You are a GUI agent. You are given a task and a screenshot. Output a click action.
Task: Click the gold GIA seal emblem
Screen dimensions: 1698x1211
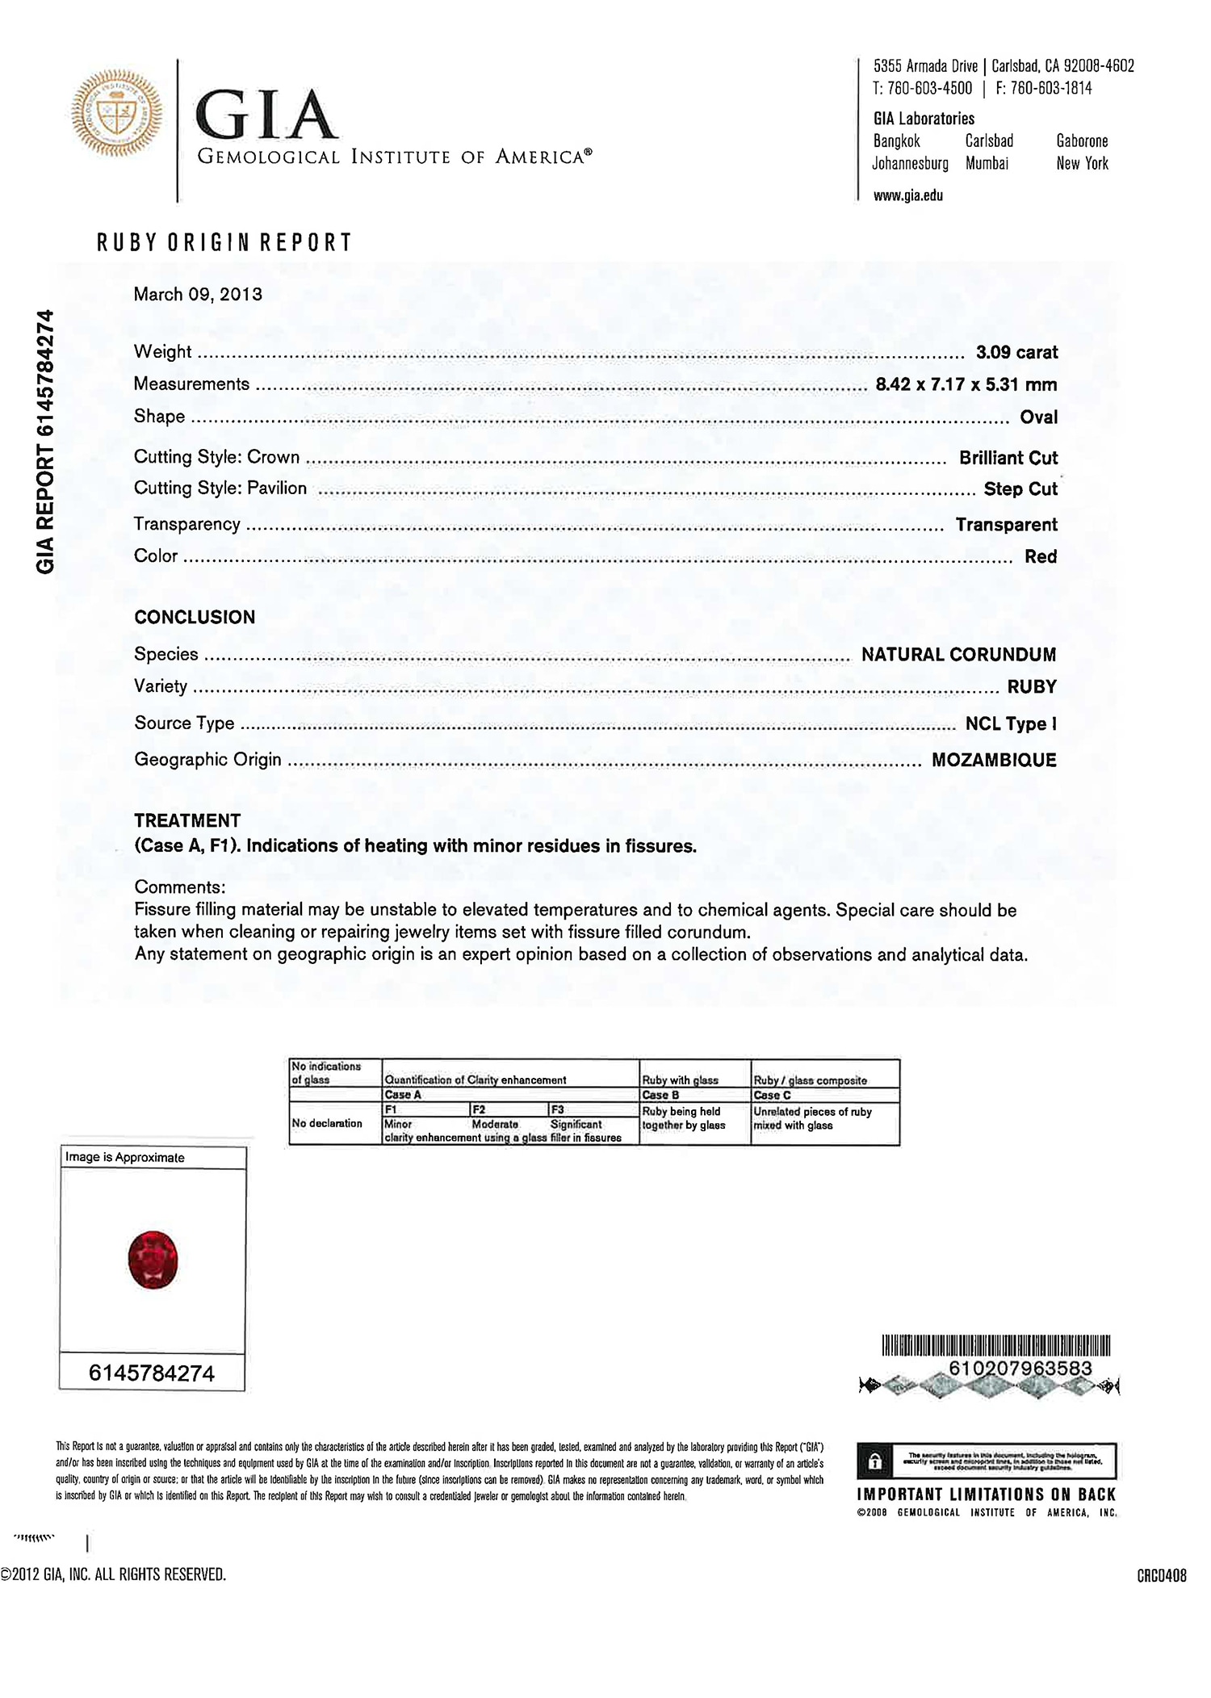(117, 113)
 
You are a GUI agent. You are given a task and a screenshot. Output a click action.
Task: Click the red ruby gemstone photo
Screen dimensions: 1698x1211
(153, 1259)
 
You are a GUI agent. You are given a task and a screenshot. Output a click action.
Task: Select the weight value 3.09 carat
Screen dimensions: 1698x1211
(1016, 352)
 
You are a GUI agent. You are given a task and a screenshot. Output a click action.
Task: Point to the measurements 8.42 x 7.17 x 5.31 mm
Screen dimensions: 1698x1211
(966, 384)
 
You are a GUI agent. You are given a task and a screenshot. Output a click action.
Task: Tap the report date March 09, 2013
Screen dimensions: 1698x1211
(198, 294)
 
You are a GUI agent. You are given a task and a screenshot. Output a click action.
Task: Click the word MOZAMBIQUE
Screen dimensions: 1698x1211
(994, 760)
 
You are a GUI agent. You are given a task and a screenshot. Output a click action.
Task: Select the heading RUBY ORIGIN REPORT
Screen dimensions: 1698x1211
(224, 242)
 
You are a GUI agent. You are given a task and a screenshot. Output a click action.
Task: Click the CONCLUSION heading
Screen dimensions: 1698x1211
(195, 618)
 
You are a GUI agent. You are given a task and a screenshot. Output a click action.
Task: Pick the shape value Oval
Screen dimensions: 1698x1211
(1038, 417)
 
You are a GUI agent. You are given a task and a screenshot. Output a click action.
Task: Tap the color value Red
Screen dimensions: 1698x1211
(1041, 556)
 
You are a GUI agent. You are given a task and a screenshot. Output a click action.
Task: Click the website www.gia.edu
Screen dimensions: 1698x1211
(908, 195)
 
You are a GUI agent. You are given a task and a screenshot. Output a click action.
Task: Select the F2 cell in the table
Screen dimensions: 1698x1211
(480, 1110)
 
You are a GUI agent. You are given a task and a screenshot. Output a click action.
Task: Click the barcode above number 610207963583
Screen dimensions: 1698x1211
(995, 1346)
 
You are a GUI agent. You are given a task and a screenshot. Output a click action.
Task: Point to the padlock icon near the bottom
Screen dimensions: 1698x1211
(874, 1461)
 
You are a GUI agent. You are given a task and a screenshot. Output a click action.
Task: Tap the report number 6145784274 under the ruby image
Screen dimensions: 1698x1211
(152, 1373)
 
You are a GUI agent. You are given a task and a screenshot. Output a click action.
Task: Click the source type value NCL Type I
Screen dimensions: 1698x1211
(1011, 723)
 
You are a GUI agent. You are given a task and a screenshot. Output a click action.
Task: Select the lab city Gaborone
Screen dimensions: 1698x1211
(1082, 141)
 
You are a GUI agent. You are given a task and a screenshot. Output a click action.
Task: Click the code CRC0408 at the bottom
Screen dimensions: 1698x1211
(1161, 1574)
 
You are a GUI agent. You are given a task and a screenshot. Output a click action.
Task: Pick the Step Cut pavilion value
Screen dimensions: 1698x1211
(1020, 489)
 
